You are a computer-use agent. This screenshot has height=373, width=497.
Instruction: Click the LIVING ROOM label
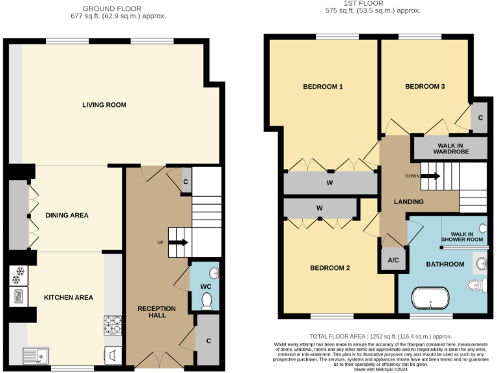click(x=104, y=105)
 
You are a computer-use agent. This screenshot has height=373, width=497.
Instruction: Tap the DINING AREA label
click(x=67, y=215)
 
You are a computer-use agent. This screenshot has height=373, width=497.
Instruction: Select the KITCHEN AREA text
click(x=68, y=297)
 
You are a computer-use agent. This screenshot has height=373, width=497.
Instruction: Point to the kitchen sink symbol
click(x=34, y=354)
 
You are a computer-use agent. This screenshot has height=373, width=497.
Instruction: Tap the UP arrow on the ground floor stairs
click(x=178, y=243)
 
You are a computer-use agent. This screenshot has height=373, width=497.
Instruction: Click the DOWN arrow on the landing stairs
click(x=430, y=176)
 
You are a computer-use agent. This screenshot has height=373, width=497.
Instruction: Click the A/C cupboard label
click(x=393, y=260)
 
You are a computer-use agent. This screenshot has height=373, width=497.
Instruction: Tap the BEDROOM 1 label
click(x=322, y=87)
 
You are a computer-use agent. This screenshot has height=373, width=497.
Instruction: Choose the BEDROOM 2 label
click(x=329, y=268)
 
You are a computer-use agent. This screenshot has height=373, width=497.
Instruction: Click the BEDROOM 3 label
click(x=425, y=87)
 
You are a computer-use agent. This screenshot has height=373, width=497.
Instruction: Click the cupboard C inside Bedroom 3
click(x=480, y=118)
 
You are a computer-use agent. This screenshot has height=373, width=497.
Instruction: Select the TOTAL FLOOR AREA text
click(x=381, y=336)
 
